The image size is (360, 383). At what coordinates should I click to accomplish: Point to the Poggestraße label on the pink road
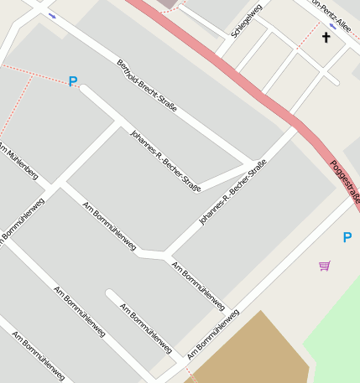(x=345, y=184)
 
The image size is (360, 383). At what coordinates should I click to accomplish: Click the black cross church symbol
(x=326, y=38)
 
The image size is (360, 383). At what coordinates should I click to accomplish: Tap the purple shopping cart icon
(x=325, y=266)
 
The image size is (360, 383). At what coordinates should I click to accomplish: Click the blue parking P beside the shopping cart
(x=347, y=238)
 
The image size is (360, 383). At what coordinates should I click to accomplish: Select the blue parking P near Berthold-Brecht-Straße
(x=73, y=81)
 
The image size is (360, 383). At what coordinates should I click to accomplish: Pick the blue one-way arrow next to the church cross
(x=332, y=27)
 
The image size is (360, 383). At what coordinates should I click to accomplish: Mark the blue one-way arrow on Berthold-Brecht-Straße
(x=53, y=15)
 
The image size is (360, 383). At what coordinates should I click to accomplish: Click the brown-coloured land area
(x=252, y=352)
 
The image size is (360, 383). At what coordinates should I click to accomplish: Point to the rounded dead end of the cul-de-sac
(x=110, y=294)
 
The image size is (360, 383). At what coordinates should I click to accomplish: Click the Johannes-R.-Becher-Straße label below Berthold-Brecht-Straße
(x=165, y=160)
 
